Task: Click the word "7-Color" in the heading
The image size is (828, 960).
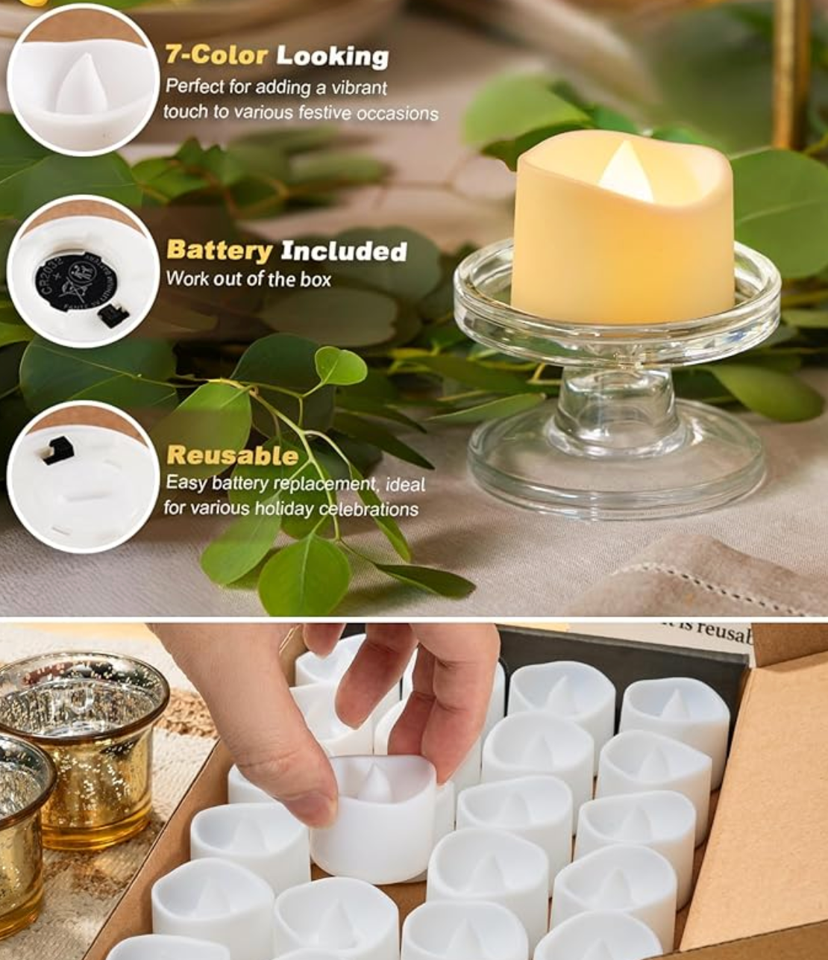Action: click(x=216, y=55)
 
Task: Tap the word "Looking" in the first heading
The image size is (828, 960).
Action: click(x=333, y=57)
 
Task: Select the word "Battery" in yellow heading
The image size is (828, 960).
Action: click(x=219, y=251)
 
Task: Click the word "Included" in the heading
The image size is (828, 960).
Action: click(x=344, y=252)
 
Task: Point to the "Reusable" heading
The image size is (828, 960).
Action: click(x=232, y=455)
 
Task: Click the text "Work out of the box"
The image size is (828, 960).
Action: click(x=248, y=279)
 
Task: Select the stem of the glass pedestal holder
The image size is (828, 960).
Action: click(x=616, y=403)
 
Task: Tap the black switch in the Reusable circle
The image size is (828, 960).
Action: click(x=57, y=451)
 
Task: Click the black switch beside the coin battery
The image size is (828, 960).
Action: click(x=113, y=316)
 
